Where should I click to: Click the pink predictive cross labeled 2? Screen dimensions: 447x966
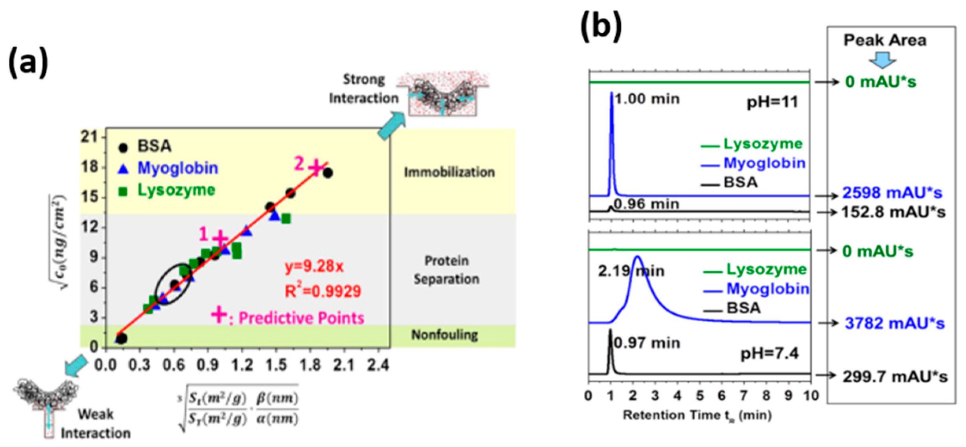coord(316,168)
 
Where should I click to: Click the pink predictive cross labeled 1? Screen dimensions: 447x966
coord(220,238)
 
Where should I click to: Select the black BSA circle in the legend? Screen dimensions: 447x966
coord(123,148)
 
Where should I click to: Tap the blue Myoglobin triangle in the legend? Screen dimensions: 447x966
coord(123,169)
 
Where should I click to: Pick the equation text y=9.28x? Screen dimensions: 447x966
coord(314,266)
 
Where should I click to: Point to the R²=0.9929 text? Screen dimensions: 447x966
coord(323,291)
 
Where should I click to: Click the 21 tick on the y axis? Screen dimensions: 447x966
coord(89,137)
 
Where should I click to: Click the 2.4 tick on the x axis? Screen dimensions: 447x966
coord(378,365)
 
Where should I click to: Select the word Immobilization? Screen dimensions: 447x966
coord(449,172)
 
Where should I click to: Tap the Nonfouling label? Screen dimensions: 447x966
coord(444,335)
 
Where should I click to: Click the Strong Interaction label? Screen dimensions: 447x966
coord(363,89)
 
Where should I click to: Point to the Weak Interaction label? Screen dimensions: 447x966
coord(96,423)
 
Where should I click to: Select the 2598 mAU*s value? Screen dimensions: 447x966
coord(892,193)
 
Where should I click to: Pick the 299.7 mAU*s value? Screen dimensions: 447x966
coord(895,377)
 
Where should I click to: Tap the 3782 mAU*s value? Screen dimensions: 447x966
coord(894,323)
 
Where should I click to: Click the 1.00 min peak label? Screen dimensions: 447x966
coord(647,99)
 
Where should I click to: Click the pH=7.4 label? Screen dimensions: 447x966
coord(769,354)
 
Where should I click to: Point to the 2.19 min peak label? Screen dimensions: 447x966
coord(631,271)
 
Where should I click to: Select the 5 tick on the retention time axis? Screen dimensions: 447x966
coord(700,396)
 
